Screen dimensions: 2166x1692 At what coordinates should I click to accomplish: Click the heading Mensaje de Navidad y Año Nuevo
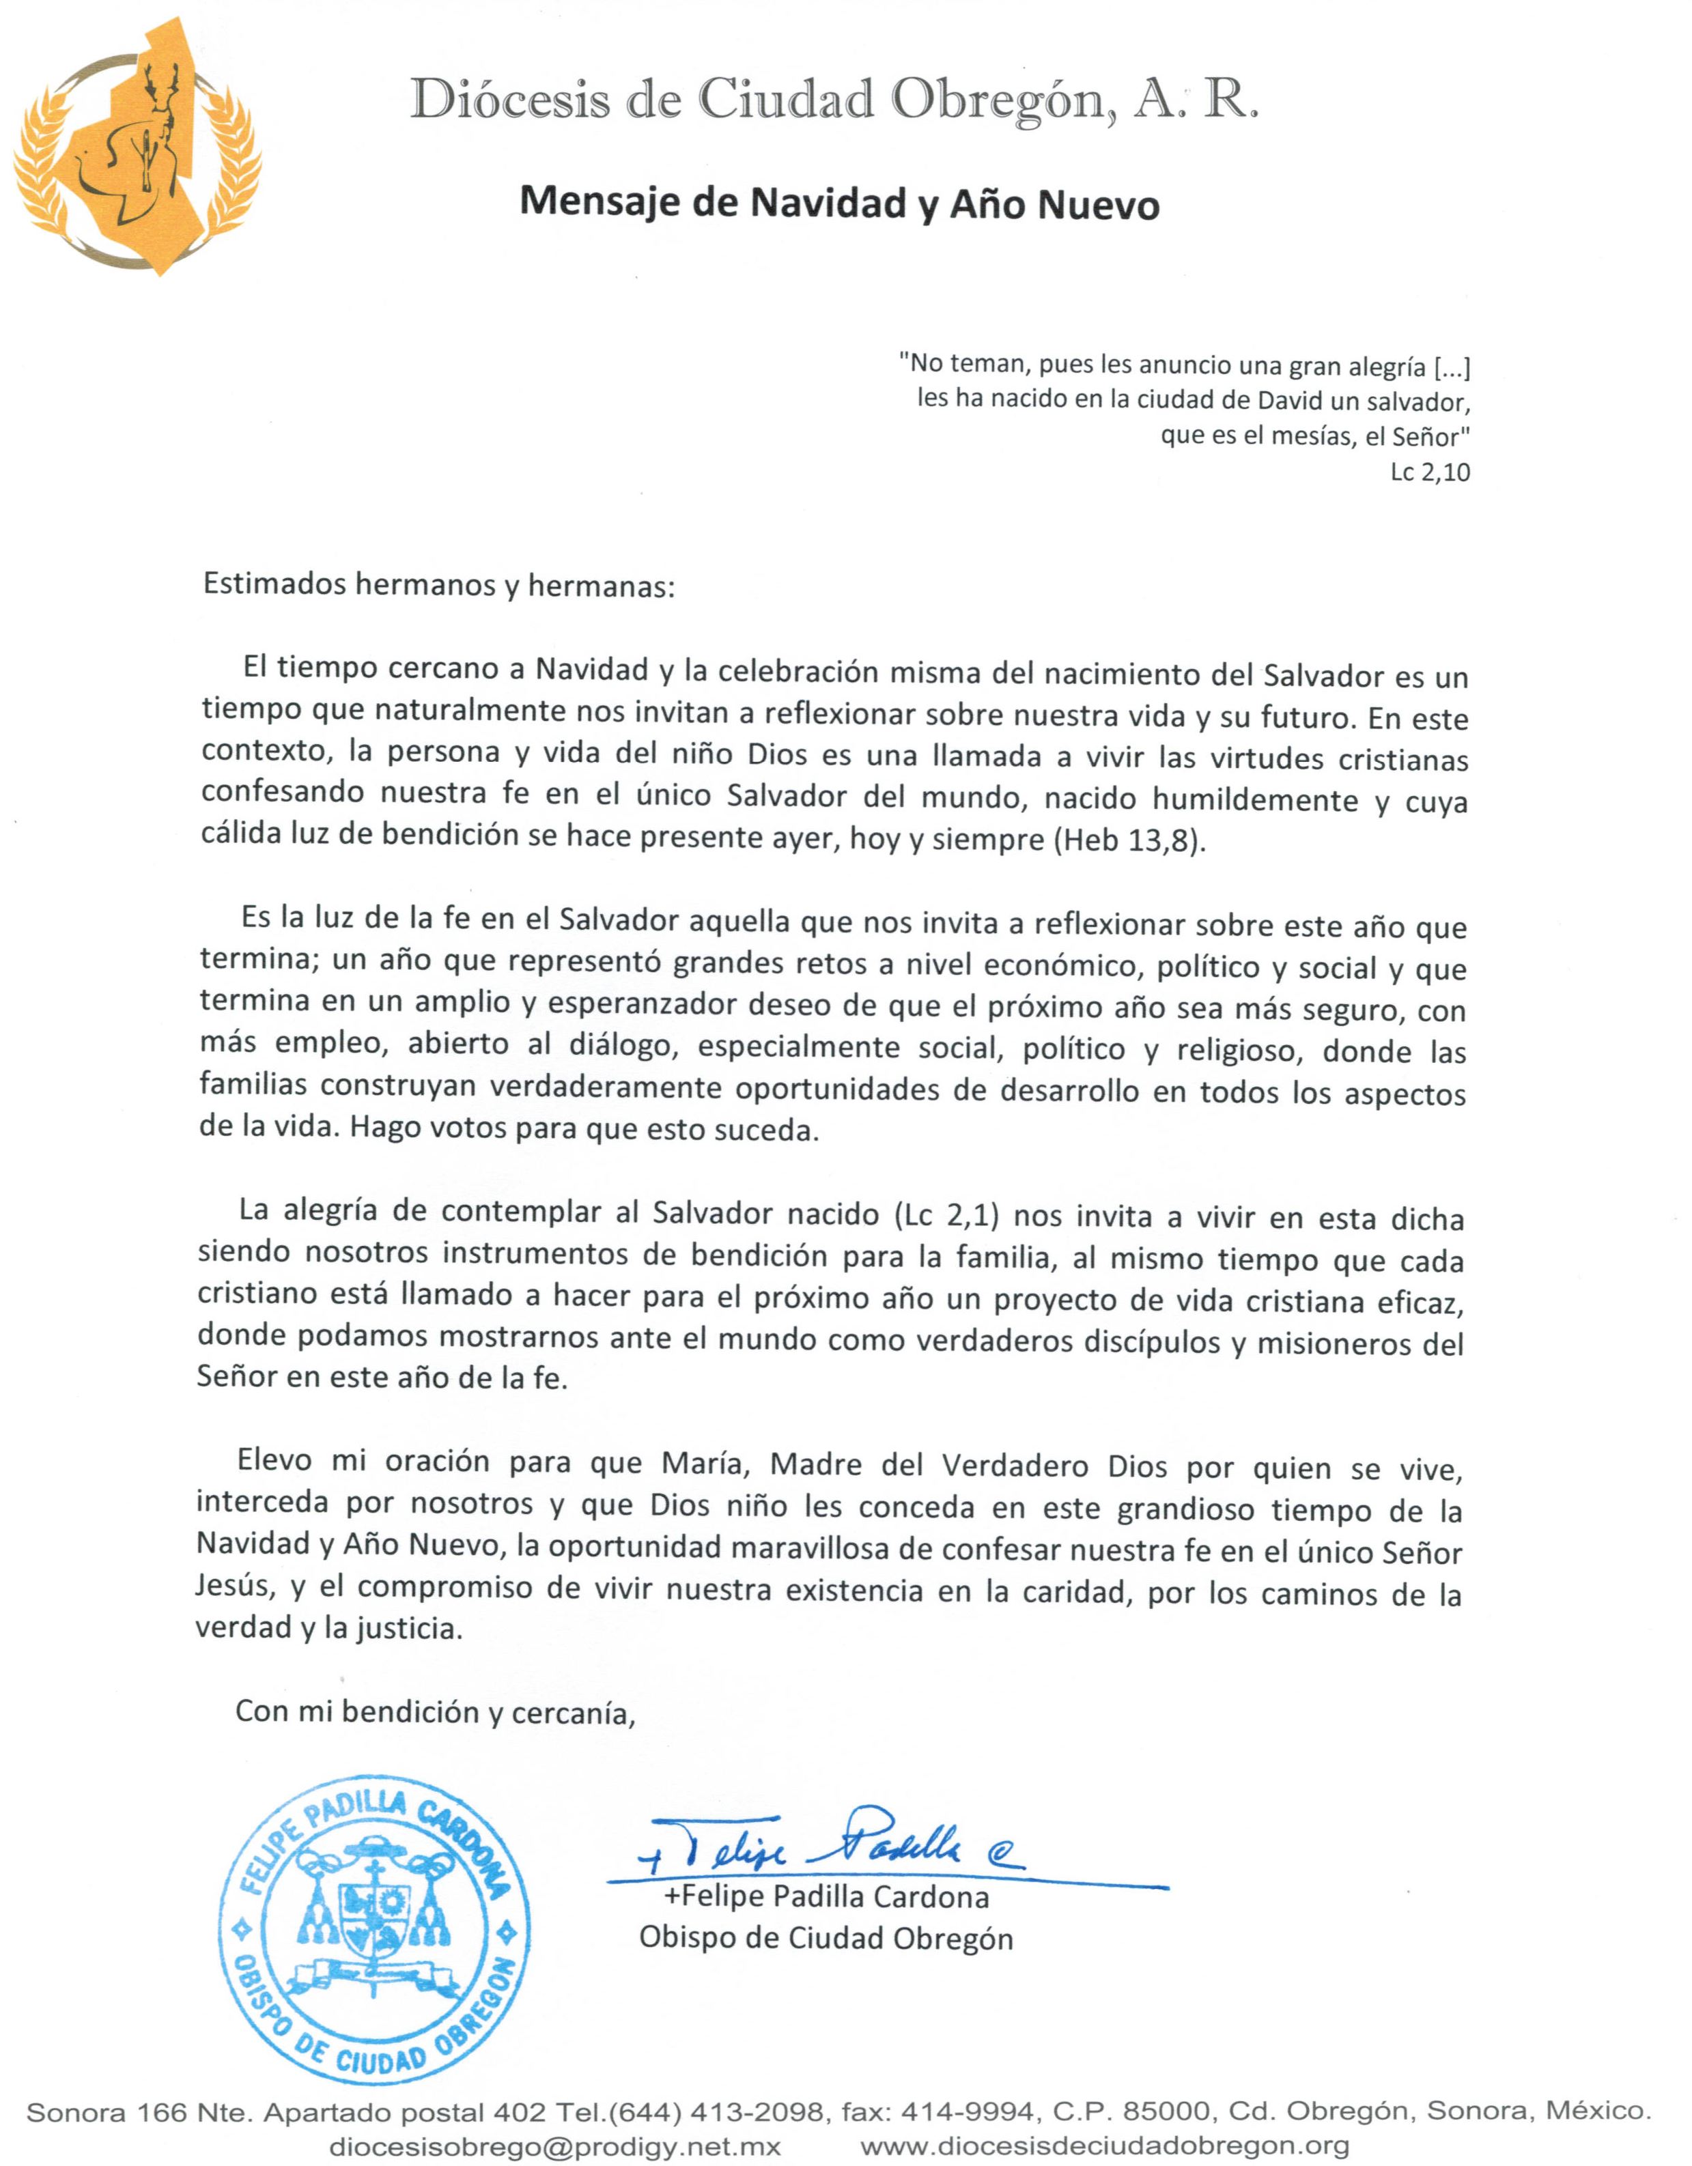pyautogui.click(x=839, y=204)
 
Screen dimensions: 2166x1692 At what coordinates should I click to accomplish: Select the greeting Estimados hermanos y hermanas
pyautogui.click(x=438, y=585)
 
